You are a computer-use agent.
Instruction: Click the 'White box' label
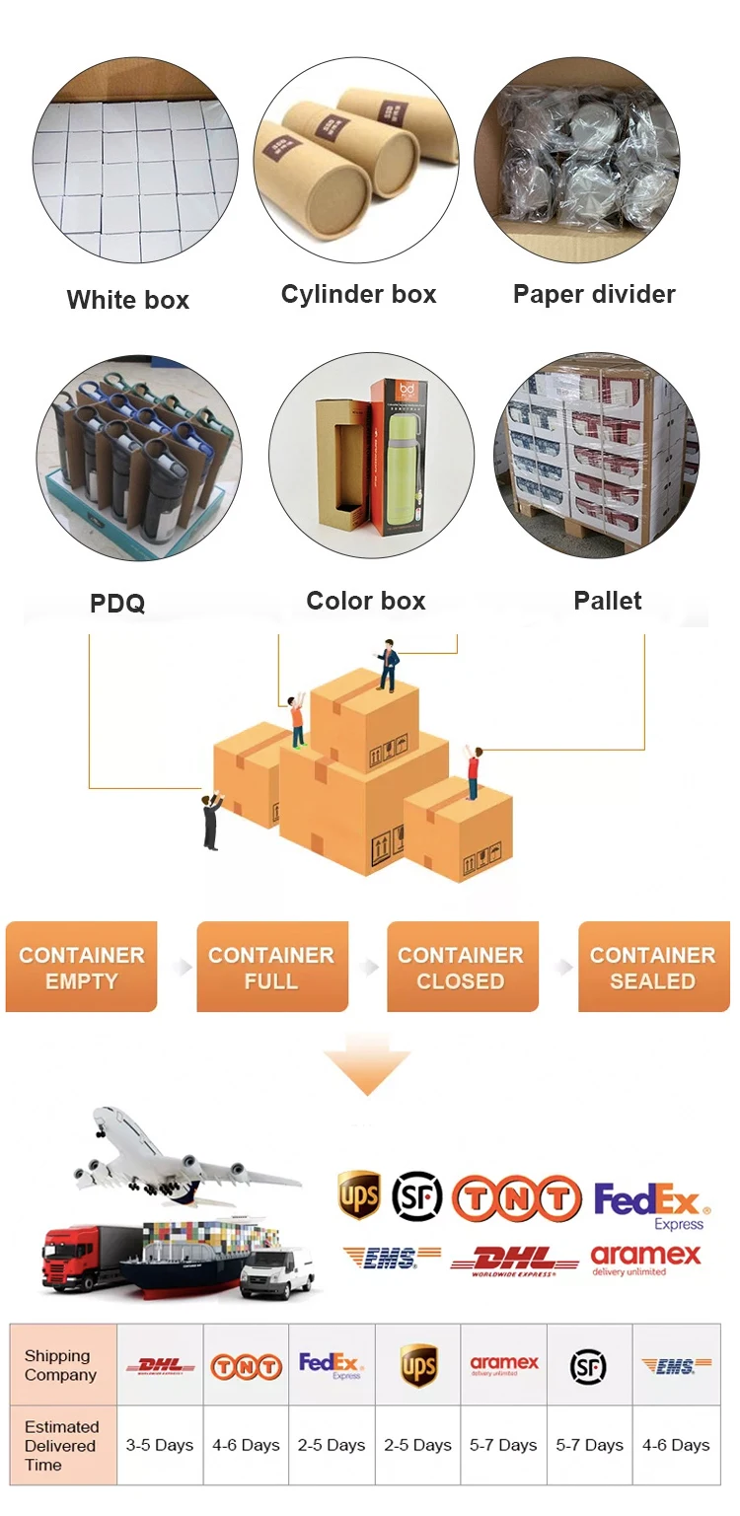[127, 300]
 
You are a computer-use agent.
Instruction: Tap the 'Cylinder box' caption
[358, 294]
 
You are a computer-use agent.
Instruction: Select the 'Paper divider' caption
[594, 294]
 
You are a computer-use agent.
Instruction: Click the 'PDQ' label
[117, 603]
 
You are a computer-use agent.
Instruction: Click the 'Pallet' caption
[607, 601]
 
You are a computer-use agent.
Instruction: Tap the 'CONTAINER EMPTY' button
[81, 968]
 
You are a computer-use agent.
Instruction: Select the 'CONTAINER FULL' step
[271, 968]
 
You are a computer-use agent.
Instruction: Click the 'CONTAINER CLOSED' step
[461, 968]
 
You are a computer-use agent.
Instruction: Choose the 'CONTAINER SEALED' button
[652, 968]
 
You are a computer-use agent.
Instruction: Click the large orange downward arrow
[366, 1069]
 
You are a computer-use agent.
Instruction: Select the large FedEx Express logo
[651, 1204]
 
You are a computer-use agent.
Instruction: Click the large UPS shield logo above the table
[358, 1195]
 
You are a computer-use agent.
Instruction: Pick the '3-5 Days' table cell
[160, 1445]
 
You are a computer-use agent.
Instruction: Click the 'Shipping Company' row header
[61, 1365]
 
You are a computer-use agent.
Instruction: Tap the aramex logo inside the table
[504, 1365]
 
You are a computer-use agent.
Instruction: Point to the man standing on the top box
[388, 665]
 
